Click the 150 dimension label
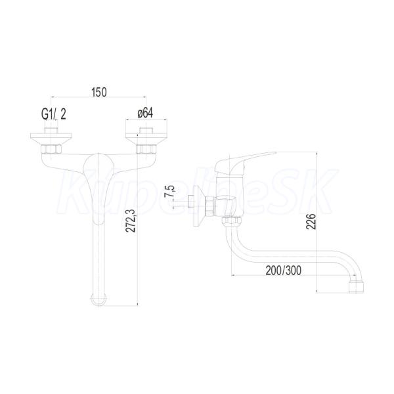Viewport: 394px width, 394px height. tap(99, 92)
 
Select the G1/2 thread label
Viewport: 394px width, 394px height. tap(54, 114)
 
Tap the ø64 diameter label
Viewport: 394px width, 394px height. tap(145, 113)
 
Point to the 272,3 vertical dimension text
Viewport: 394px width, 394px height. tap(131, 221)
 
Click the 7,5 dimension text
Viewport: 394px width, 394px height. tap(169, 191)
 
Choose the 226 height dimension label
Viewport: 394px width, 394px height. tap(311, 221)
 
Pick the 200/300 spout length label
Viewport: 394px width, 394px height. tap(284, 271)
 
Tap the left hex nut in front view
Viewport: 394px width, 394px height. tap(51, 149)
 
